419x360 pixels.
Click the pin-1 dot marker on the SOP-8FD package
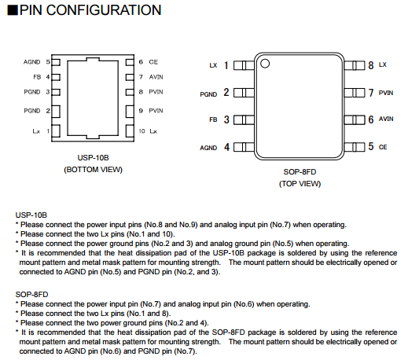click(x=265, y=64)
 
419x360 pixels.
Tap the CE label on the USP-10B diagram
click(x=153, y=62)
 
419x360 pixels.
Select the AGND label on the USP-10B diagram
click(x=31, y=62)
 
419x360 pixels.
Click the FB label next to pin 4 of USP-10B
click(x=37, y=77)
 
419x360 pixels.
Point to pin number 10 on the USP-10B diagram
click(x=142, y=131)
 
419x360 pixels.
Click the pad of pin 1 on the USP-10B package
click(x=56, y=131)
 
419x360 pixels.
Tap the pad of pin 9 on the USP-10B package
click(x=130, y=111)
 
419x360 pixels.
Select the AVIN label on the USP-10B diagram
click(x=156, y=77)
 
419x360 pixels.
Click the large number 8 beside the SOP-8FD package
click(x=371, y=65)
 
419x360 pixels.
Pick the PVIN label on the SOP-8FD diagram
click(x=386, y=93)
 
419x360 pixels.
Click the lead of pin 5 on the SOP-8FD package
click(x=355, y=147)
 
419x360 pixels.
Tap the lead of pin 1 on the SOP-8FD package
click(x=244, y=65)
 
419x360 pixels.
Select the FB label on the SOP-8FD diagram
click(x=213, y=119)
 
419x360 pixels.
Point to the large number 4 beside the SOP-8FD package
click(x=226, y=147)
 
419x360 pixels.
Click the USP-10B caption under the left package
click(x=93, y=158)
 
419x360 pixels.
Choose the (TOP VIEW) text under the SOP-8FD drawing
click(x=300, y=184)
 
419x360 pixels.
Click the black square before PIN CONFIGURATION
click(x=13, y=10)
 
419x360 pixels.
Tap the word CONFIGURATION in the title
click(x=104, y=10)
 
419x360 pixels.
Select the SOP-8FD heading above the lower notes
click(x=31, y=295)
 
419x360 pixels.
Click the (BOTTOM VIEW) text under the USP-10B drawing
click(x=93, y=170)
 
